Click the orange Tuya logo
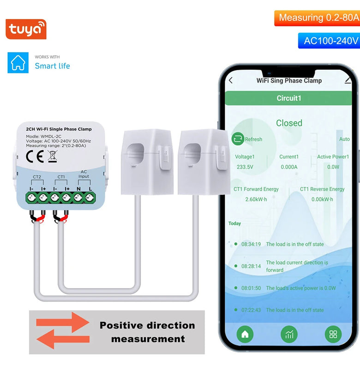pyautogui.click(x=26, y=30)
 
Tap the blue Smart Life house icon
pyautogui.click(x=18, y=62)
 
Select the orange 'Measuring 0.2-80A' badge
pyautogui.click(x=317, y=18)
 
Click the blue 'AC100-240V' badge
pyautogui.click(x=330, y=41)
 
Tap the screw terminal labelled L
pyautogui.click(x=90, y=197)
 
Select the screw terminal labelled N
pyautogui.click(x=78, y=197)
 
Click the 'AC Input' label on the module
pyautogui.click(x=84, y=174)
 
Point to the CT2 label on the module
pyautogui.click(x=37, y=177)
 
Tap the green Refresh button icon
pyautogui.click(x=238, y=139)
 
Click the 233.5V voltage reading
pyautogui.click(x=245, y=167)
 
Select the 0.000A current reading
pyautogui.click(x=288, y=167)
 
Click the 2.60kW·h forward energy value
pyautogui.click(x=255, y=199)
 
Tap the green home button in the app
pyautogui.click(x=245, y=334)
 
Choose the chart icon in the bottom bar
pyautogui.click(x=289, y=334)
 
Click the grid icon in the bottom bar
pyautogui.click(x=333, y=334)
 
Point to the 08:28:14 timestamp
pyautogui.click(x=251, y=266)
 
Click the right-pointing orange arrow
pyautogui.click(x=62, y=322)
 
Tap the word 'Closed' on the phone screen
pyautogui.click(x=289, y=123)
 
